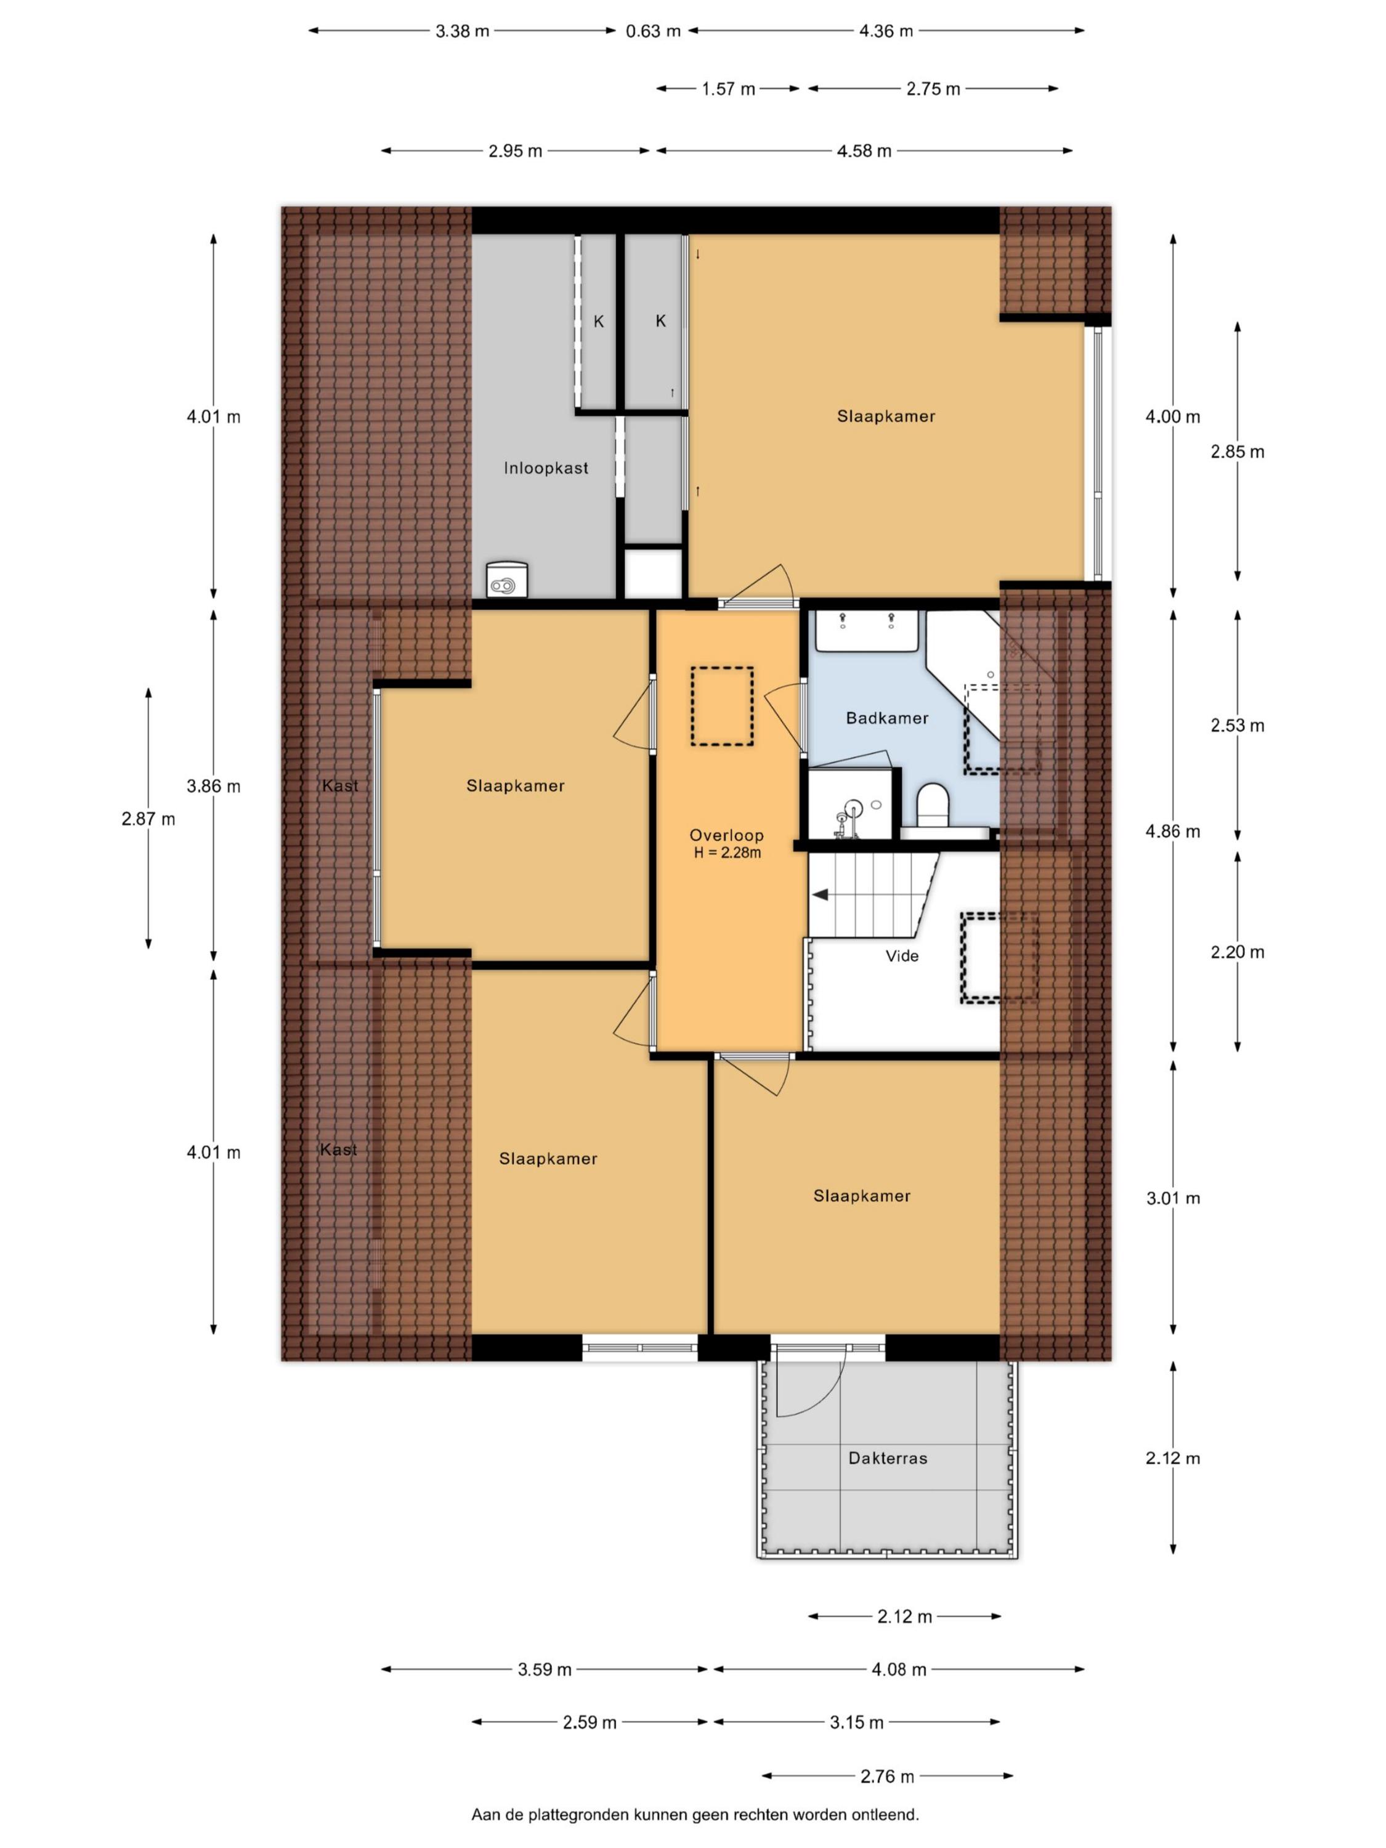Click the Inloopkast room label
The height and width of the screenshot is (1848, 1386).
pyautogui.click(x=546, y=468)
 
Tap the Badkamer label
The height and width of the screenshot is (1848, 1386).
pyautogui.click(x=886, y=718)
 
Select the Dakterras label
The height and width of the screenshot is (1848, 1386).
pyautogui.click(x=887, y=1458)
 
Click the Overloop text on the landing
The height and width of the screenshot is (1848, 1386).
pyautogui.click(x=726, y=835)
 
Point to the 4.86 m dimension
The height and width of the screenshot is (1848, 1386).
pyautogui.click(x=1173, y=831)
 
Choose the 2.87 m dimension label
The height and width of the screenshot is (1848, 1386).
pyautogui.click(x=148, y=819)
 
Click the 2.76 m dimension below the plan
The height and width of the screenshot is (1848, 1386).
pyautogui.click(x=887, y=1776)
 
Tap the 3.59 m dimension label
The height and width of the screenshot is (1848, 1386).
pyautogui.click(x=545, y=1669)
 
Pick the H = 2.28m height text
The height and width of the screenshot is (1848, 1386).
pyautogui.click(x=727, y=853)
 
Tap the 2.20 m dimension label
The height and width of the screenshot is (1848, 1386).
pyautogui.click(x=1238, y=952)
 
